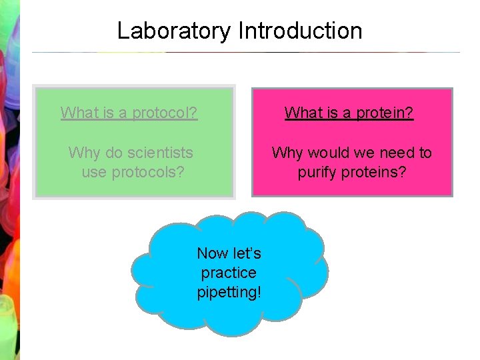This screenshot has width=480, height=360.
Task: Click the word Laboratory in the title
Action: pos(175,31)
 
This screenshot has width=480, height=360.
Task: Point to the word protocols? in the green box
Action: pos(151,172)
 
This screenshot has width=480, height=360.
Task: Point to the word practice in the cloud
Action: pos(229,273)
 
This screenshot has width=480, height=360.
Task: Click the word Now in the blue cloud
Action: pos(211,253)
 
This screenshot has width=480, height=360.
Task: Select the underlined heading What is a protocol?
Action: pos(129,113)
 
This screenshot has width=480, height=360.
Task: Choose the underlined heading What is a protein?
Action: pos(349,113)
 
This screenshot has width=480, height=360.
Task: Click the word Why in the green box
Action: pos(83,153)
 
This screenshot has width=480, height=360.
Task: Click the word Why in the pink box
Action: pos(287,153)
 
